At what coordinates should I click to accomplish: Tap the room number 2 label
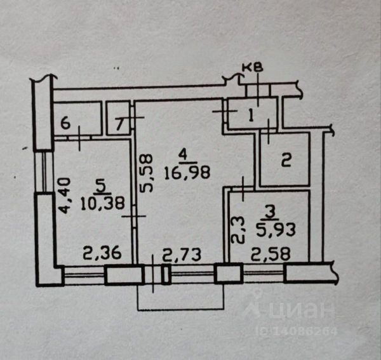(286, 160)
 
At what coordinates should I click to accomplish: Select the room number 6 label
(65, 123)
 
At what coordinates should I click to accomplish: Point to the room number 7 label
(119, 123)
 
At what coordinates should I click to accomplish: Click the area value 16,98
(183, 170)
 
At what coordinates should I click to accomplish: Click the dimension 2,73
(182, 255)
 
